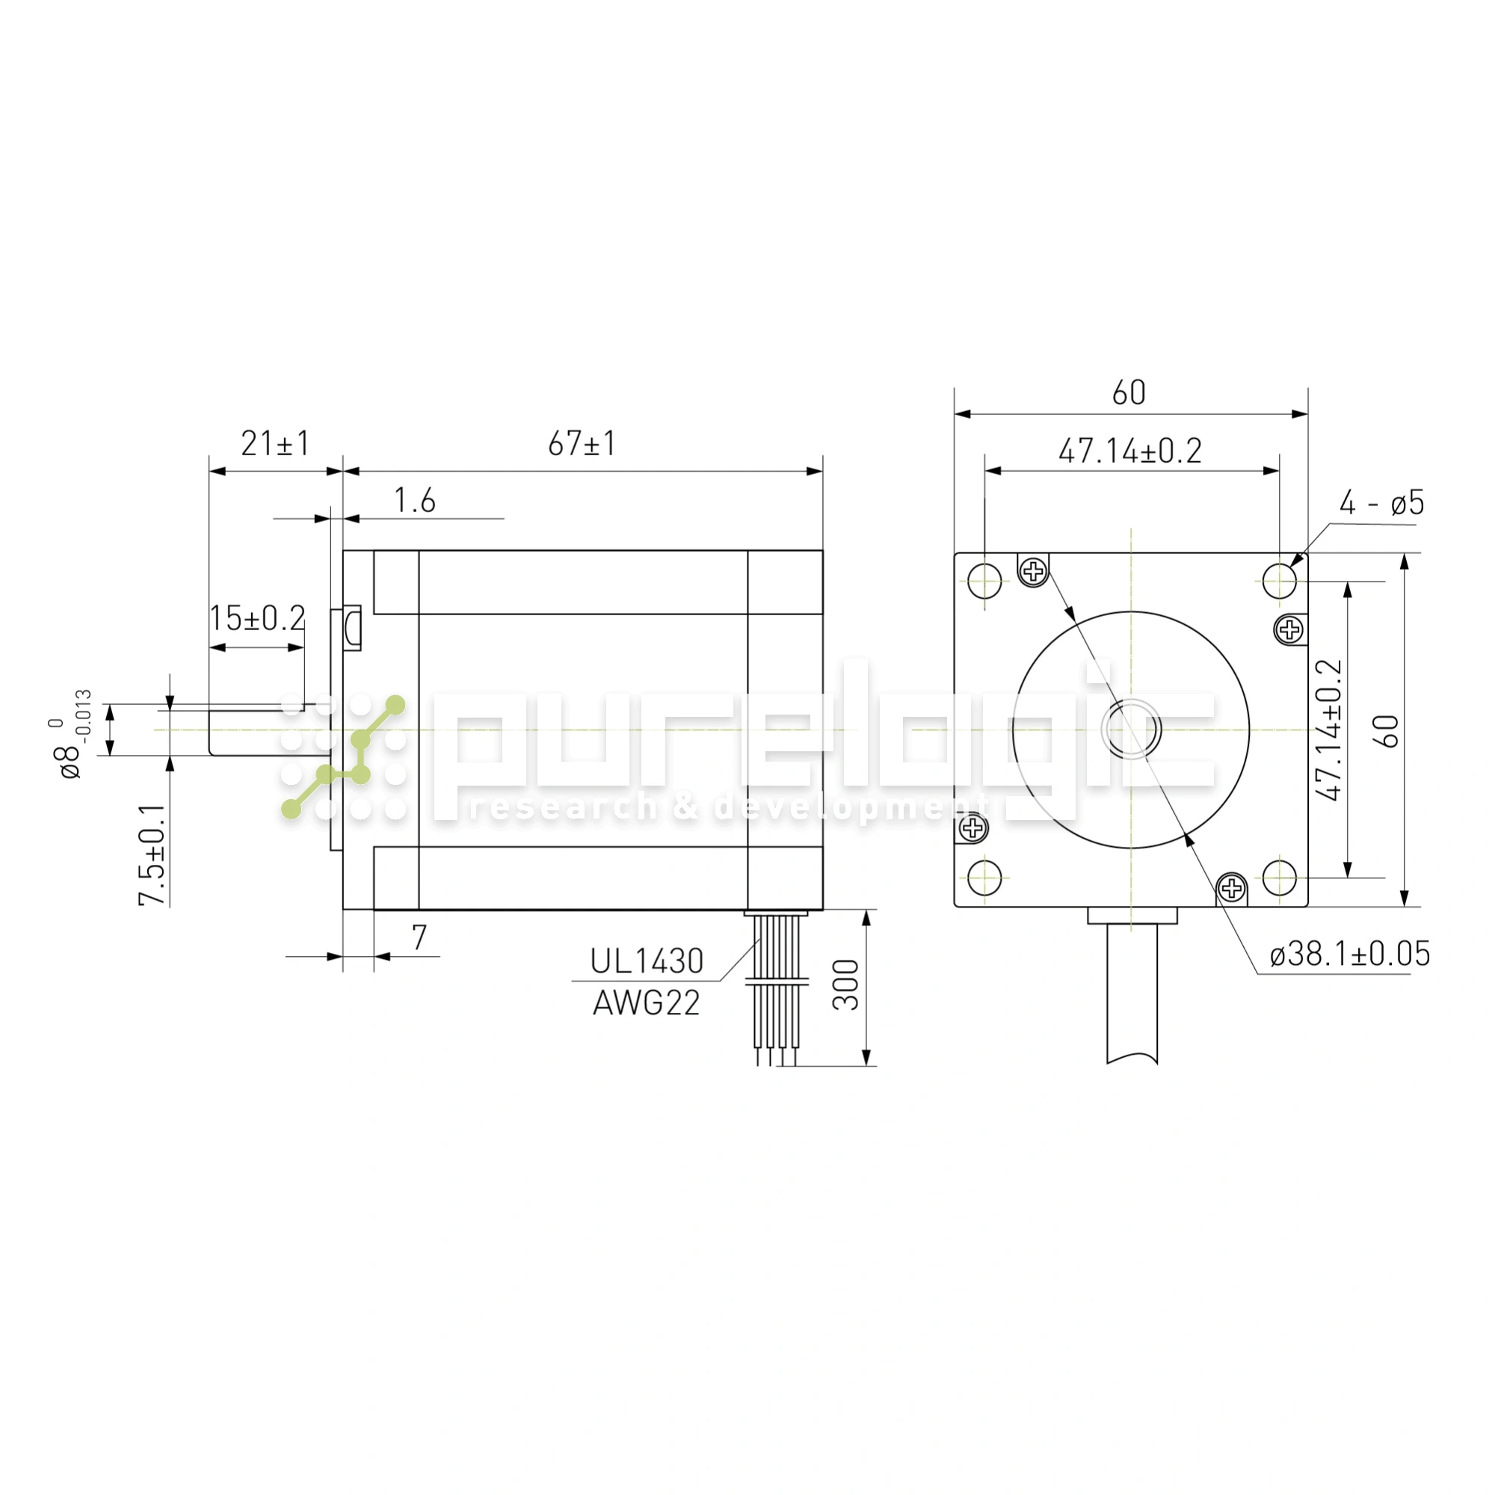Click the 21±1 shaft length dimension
tap(274, 443)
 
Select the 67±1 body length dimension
tap(582, 443)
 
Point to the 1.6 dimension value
tap(415, 501)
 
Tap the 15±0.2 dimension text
tap(258, 617)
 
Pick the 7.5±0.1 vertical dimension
tap(152, 854)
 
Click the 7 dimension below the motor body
tap(419, 937)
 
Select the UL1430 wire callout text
tap(646, 962)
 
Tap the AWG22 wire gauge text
tap(646, 1004)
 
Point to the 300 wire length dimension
tap(845, 985)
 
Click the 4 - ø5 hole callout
tap(1381, 503)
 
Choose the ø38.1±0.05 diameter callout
tap(1349, 954)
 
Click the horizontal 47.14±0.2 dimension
tap(1129, 450)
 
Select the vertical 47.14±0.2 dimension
tap(1328, 730)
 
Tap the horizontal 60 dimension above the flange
tap(1129, 393)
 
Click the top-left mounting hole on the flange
tap(984, 580)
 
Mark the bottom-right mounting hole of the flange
tap(1279, 878)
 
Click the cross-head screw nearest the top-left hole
tap(1033, 572)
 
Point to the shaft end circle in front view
tap(1130, 729)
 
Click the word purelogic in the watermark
tap(820, 743)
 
